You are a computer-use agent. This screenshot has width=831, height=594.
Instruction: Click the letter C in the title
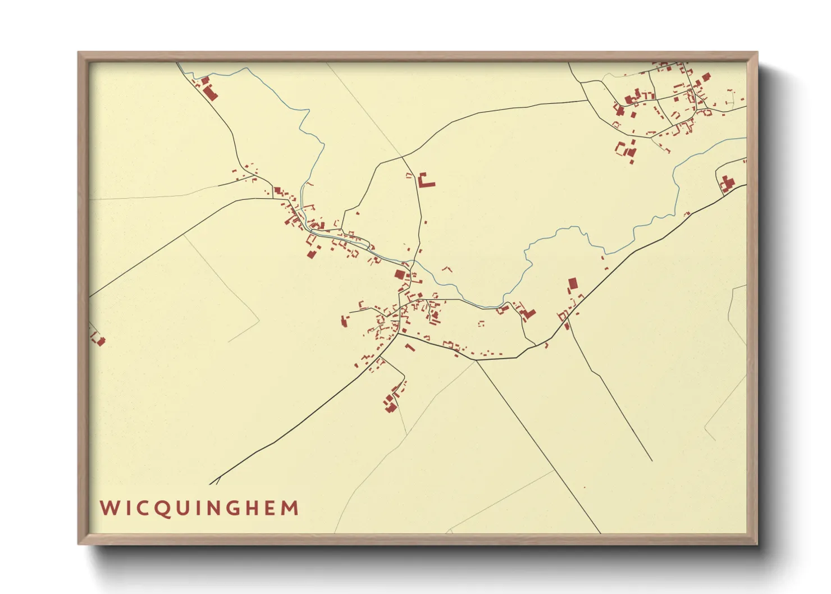141,508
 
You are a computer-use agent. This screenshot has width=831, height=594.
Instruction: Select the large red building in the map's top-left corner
210,93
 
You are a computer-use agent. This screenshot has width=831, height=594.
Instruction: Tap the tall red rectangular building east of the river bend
573,283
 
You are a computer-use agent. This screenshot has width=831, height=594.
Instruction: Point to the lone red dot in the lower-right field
585,487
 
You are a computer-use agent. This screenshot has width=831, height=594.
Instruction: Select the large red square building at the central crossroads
400,274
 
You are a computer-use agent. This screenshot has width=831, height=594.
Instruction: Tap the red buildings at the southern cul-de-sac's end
390,401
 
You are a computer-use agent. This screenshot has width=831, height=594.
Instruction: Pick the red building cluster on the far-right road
728,184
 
